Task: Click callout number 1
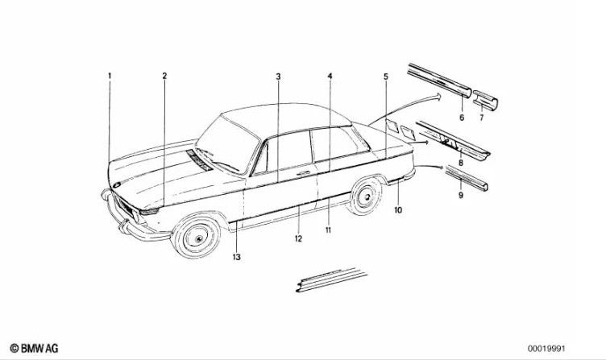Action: pyautogui.click(x=110, y=76)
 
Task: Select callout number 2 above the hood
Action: pyautogui.click(x=164, y=76)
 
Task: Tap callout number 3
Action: pyautogui.click(x=278, y=77)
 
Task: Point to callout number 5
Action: pyautogui.click(x=386, y=77)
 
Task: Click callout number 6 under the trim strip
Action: pyautogui.click(x=462, y=117)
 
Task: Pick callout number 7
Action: pyautogui.click(x=482, y=118)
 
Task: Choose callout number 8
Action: pyautogui.click(x=461, y=163)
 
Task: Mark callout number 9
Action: pyautogui.click(x=461, y=196)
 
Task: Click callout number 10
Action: pyautogui.click(x=398, y=209)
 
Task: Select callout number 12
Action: pyautogui.click(x=298, y=238)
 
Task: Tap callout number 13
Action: pyautogui.click(x=237, y=257)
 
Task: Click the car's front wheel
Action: pyautogui.click(x=197, y=237)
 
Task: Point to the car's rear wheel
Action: pyautogui.click(x=365, y=196)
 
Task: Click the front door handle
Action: pyautogui.click(x=303, y=173)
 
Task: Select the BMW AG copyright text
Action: pyautogui.click(x=34, y=349)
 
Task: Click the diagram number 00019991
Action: pyautogui.click(x=546, y=349)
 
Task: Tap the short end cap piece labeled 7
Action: pyautogui.click(x=485, y=100)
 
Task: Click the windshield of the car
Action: pyautogui.click(x=228, y=145)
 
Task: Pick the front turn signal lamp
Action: pyautogui.click(x=149, y=211)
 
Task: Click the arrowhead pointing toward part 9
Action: pyautogui.click(x=440, y=168)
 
